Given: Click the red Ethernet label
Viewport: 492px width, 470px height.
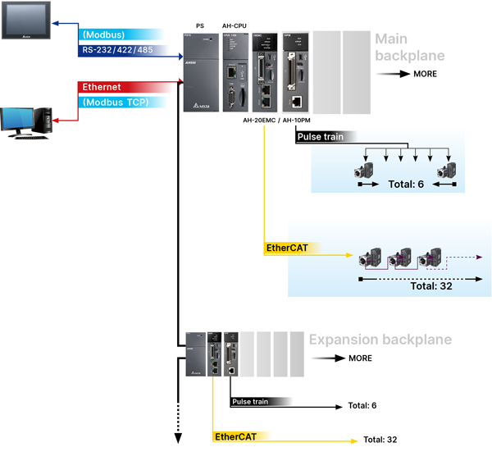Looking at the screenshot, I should [102, 87].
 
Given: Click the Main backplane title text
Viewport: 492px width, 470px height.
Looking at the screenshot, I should [409, 48].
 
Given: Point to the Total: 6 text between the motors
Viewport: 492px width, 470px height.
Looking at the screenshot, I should [407, 185].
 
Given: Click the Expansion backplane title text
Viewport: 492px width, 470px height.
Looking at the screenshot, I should [380, 340].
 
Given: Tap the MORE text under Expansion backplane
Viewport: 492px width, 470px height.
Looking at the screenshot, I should [359, 358].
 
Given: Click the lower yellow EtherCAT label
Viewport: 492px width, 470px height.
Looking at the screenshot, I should [235, 436].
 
